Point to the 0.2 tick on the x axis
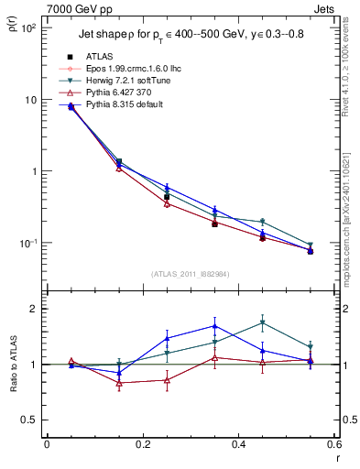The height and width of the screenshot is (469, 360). click(x=142, y=445)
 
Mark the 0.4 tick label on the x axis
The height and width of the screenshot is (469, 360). click(x=238, y=445)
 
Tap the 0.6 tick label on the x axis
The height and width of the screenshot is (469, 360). click(x=333, y=445)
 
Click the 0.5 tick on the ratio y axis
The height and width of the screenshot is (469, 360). click(x=32, y=420)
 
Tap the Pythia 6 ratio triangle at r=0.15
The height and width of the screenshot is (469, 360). click(x=119, y=383)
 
